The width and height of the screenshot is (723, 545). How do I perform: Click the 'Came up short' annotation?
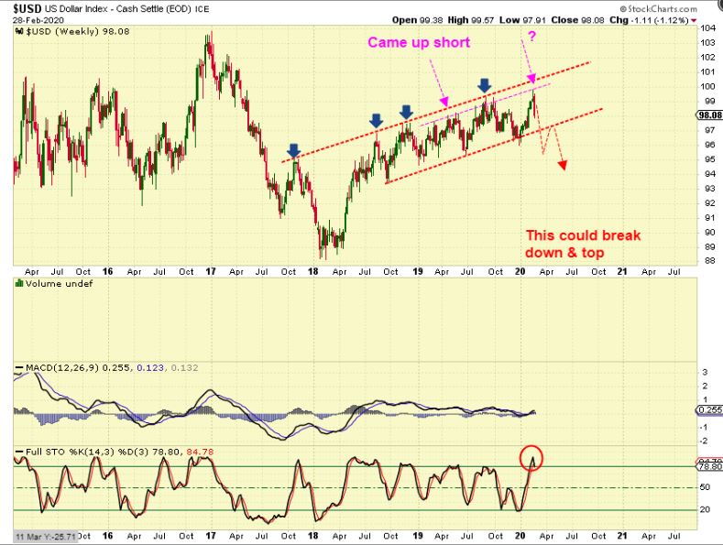[x=419, y=42]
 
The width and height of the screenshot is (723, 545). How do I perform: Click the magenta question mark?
[x=531, y=36]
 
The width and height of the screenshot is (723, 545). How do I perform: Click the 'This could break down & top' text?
[x=583, y=244]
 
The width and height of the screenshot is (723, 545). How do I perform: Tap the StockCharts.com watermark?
[x=676, y=8]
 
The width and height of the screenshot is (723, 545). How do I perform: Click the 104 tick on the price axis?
[x=707, y=28]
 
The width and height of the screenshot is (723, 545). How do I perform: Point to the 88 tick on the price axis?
[x=707, y=260]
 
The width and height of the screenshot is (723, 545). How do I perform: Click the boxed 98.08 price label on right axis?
[x=709, y=115]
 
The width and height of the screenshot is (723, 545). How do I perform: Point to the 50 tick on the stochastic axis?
[x=707, y=488]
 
